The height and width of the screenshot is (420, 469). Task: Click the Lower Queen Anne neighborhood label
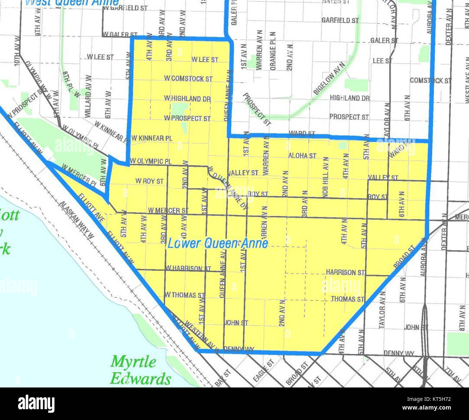[x=218, y=243]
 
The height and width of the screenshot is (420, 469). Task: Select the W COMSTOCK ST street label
[x=188, y=78]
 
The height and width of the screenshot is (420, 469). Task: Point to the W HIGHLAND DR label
[x=187, y=98]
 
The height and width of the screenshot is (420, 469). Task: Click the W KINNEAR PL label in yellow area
[x=152, y=138]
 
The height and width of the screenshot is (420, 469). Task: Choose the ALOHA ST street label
[x=302, y=156]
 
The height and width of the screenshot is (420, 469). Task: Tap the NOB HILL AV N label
[x=326, y=177]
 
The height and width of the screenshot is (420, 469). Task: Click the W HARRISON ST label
[x=188, y=269]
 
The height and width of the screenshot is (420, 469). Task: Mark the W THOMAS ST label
[x=185, y=295]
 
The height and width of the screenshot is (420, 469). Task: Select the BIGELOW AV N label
[x=329, y=78]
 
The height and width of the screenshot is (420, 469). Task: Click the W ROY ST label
[x=149, y=181]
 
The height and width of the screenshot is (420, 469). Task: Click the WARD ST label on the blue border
[x=302, y=134]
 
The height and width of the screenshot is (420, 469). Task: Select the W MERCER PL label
[x=79, y=175]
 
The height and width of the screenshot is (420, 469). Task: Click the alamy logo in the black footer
[x=36, y=403]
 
